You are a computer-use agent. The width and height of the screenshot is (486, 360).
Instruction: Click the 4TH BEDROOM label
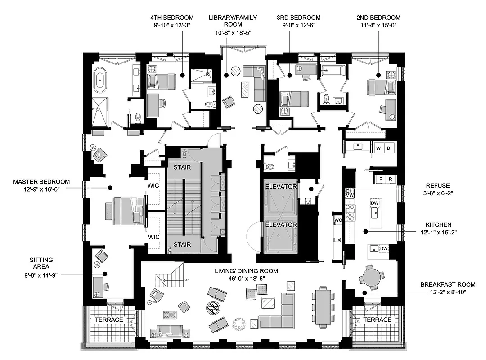coord(169,18)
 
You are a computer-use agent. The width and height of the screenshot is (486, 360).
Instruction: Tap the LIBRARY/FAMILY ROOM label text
coord(233,21)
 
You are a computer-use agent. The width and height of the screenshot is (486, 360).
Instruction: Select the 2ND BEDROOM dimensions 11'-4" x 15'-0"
coord(378,26)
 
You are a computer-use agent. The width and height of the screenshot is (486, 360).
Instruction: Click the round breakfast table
coord(372,275)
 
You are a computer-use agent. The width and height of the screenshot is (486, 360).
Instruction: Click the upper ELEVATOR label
coord(280,186)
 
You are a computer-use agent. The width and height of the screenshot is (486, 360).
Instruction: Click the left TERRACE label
coord(108,319)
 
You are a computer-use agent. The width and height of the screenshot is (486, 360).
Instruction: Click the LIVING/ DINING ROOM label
coord(246,271)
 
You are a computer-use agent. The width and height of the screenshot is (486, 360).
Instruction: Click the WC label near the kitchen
coord(338,220)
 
